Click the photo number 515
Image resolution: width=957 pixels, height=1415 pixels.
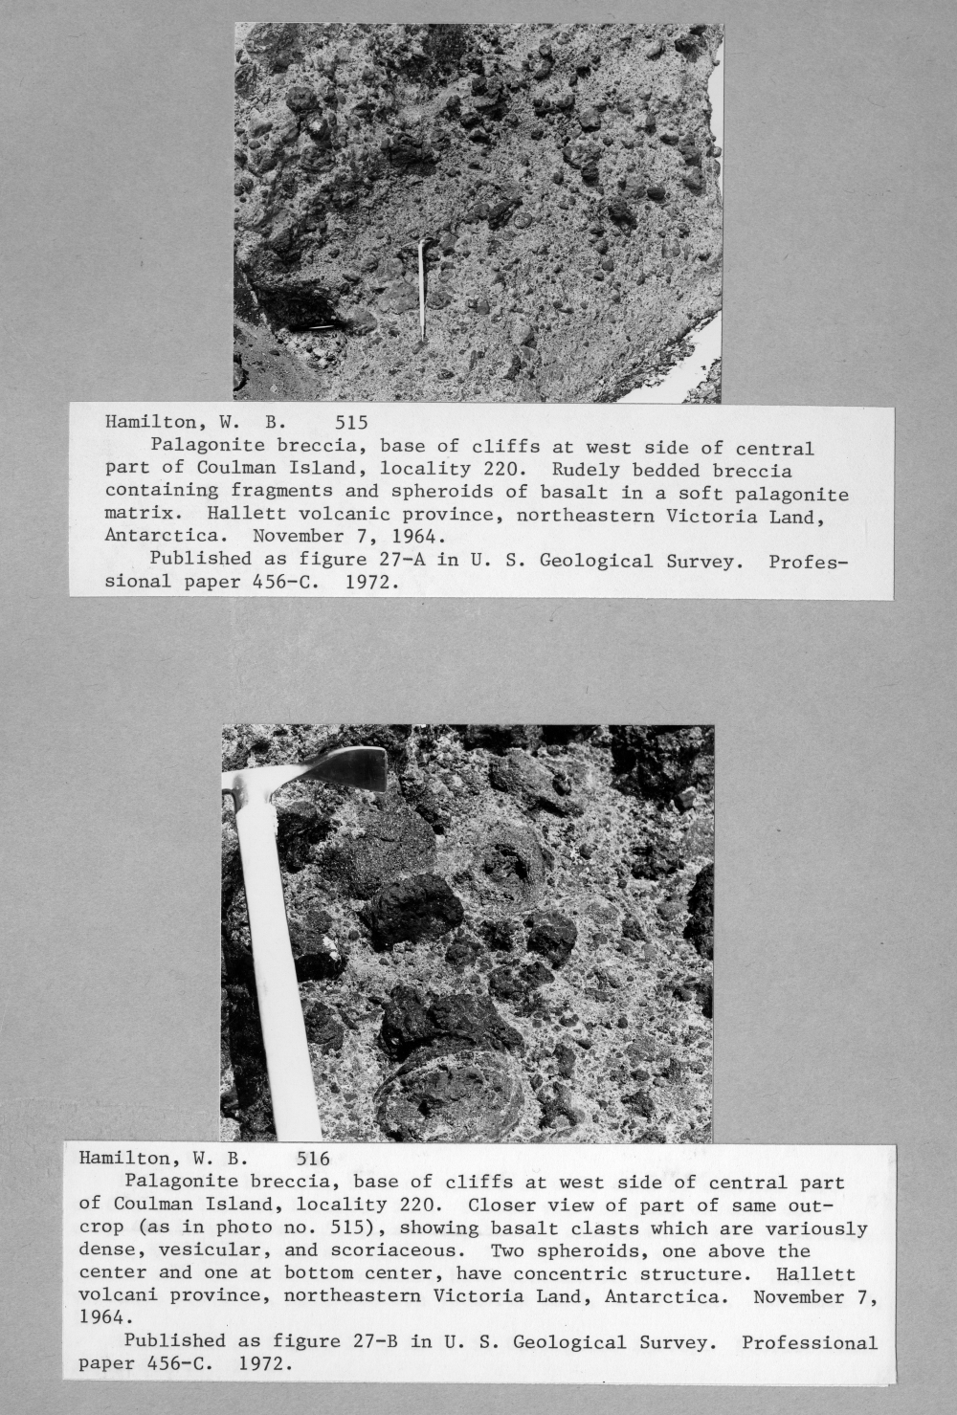coord(352,422)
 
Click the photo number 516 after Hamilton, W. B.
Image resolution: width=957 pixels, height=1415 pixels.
coord(313,1160)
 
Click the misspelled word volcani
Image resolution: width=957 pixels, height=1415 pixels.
coord(119,1296)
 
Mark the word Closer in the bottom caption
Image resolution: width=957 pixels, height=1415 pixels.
coord(502,1205)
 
